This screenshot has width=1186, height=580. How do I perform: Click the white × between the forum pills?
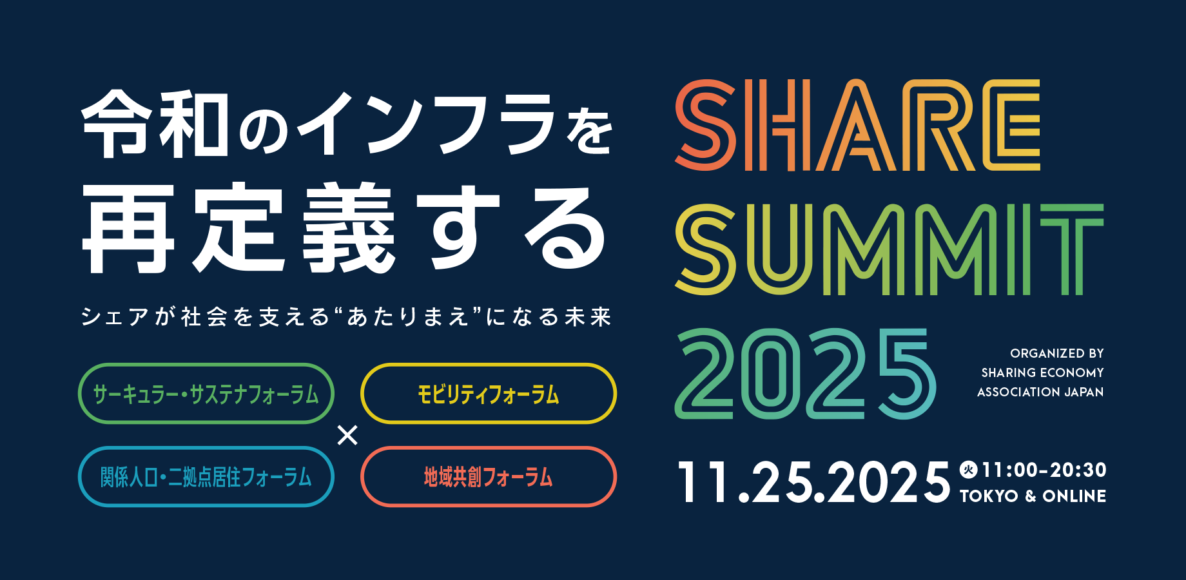(347, 436)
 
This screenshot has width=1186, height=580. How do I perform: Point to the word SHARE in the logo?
(857, 125)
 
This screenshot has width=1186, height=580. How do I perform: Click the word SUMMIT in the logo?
(889, 249)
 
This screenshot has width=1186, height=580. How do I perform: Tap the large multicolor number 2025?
(805, 374)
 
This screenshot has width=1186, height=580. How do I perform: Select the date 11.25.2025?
(813, 481)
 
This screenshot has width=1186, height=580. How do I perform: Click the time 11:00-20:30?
(1044, 470)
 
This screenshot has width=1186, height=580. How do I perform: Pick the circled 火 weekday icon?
(968, 470)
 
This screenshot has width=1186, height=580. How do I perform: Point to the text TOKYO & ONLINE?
(1033, 496)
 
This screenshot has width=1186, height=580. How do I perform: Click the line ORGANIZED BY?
(1057, 353)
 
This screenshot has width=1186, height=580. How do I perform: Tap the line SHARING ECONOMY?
(1043, 372)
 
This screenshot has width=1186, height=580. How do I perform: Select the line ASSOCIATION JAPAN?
(1040, 392)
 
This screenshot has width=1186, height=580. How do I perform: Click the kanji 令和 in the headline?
(155, 124)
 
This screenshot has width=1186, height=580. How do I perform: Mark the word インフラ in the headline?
(425, 124)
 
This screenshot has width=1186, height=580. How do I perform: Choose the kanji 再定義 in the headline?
(238, 227)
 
